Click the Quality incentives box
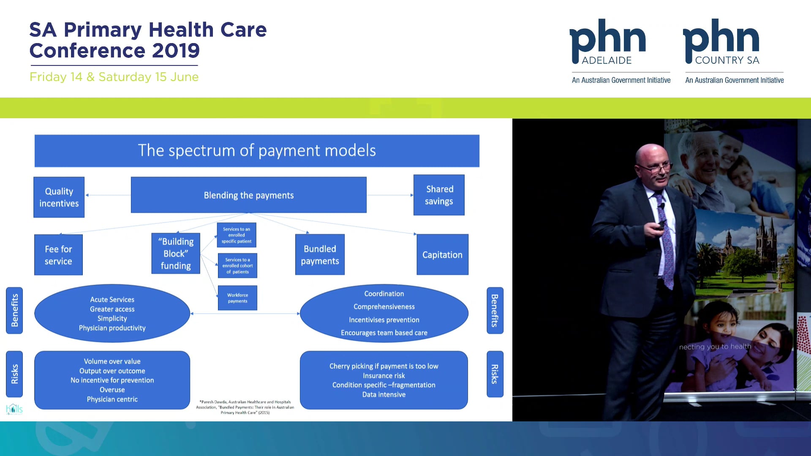click(59, 197)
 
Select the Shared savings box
click(439, 195)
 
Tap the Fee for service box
click(58, 255)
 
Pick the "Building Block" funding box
click(176, 253)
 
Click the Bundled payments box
click(320, 255)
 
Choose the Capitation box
click(442, 255)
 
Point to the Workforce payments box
click(237, 298)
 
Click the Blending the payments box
click(248, 195)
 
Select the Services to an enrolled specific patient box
click(237, 235)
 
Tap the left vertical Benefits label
click(14, 310)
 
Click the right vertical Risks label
click(495, 374)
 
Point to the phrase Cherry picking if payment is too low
click(384, 366)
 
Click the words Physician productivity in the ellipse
click(112, 328)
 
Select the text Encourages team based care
click(384, 333)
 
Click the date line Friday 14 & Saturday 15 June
click(114, 77)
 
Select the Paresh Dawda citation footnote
click(245, 407)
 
